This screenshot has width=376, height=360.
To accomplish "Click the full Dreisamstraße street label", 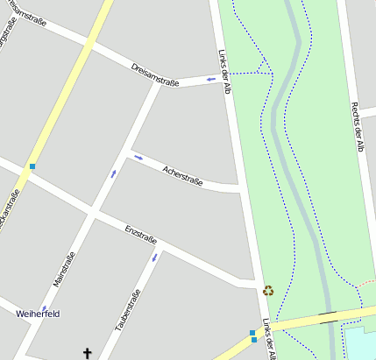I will [154, 74].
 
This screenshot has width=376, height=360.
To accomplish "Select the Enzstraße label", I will [140, 235].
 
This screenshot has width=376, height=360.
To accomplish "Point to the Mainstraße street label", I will [64, 269].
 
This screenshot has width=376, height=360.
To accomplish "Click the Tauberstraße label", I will [128, 309].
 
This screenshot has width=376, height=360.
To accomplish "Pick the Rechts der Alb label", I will [356, 126].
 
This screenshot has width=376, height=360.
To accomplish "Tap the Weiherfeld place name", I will [38, 313].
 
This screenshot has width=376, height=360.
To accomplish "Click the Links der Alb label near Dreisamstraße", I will [223, 71].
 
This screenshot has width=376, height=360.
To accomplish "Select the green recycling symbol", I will [268, 290].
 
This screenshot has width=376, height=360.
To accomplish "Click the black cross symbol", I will [87, 353].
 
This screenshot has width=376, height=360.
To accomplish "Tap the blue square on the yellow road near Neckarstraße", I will [32, 166].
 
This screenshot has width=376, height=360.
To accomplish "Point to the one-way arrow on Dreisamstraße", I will [210, 80].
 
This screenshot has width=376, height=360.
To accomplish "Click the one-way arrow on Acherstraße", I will [138, 158].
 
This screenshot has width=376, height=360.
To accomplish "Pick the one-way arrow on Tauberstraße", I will [155, 258].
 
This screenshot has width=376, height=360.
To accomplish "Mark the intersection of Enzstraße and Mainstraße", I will [94, 211].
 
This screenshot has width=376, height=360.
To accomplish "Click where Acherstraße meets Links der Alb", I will [238, 188].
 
